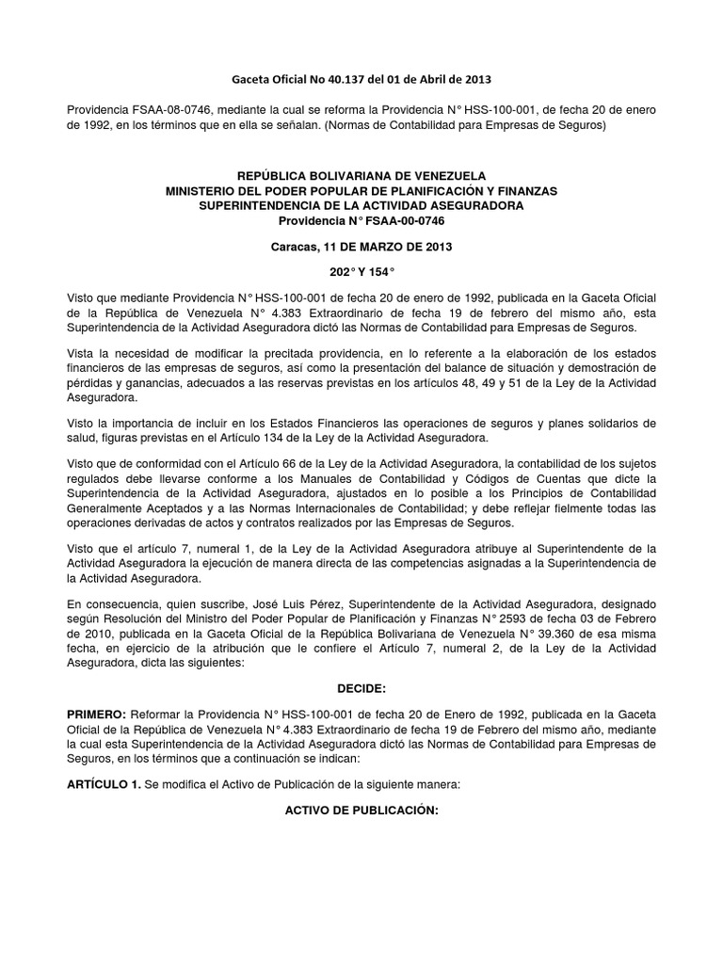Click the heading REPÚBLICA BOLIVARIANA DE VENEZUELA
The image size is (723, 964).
[x=361, y=176]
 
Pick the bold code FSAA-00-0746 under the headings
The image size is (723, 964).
[x=409, y=220]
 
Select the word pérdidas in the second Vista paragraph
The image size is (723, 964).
[x=90, y=384]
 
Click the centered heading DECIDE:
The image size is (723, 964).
[x=361, y=690]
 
